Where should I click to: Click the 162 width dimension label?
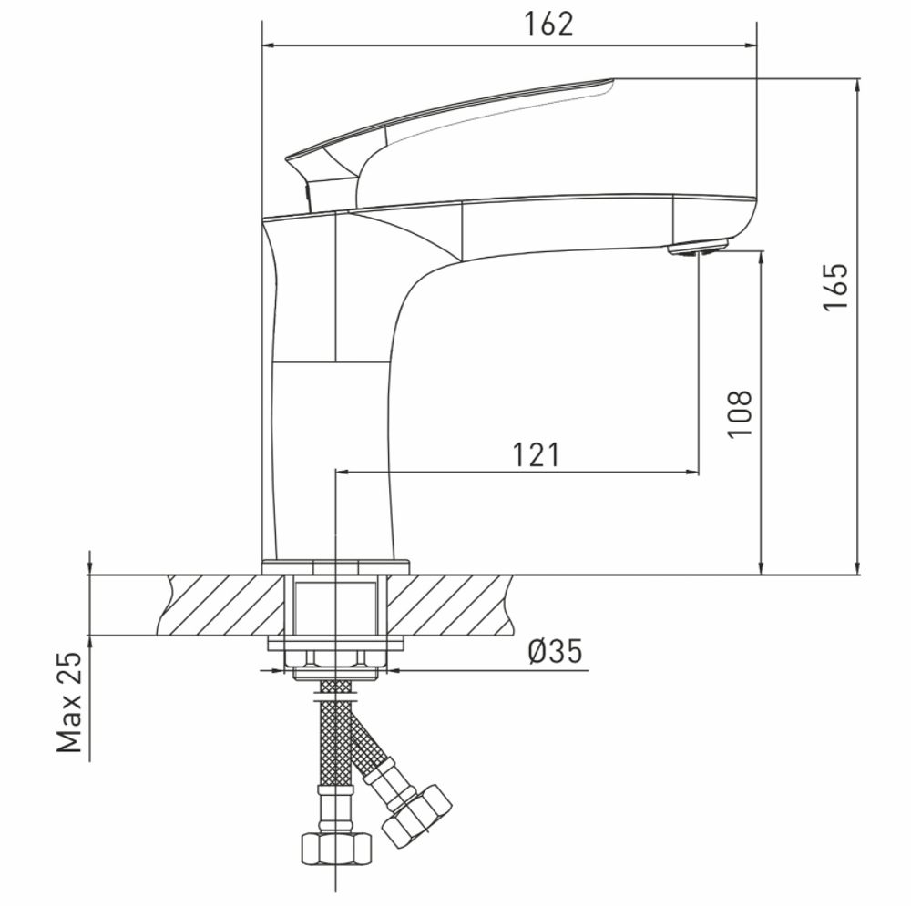548,25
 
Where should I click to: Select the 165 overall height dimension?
835,287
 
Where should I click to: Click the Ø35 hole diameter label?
556,652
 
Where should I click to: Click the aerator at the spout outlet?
699,248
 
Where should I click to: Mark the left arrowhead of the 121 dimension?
343,472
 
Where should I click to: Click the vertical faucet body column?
333,437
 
